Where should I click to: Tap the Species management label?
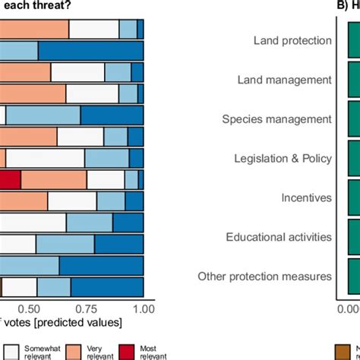276,119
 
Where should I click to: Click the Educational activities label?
279,237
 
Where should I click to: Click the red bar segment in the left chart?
9,179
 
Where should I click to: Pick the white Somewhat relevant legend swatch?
11,350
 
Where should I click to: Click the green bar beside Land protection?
353,40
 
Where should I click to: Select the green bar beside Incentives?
353,197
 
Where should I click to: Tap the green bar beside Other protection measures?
353,276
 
